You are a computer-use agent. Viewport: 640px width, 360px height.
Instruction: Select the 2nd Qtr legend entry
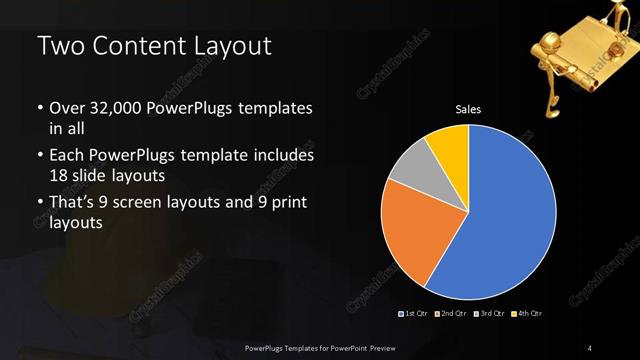pos(451,314)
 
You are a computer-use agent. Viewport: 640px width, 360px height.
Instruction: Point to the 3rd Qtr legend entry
pos(490,314)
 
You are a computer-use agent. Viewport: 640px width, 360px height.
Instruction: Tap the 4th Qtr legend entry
pos(528,314)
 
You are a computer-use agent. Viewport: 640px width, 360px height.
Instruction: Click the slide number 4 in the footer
pos(590,347)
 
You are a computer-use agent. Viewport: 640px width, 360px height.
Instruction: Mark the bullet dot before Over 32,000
pos(39,108)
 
